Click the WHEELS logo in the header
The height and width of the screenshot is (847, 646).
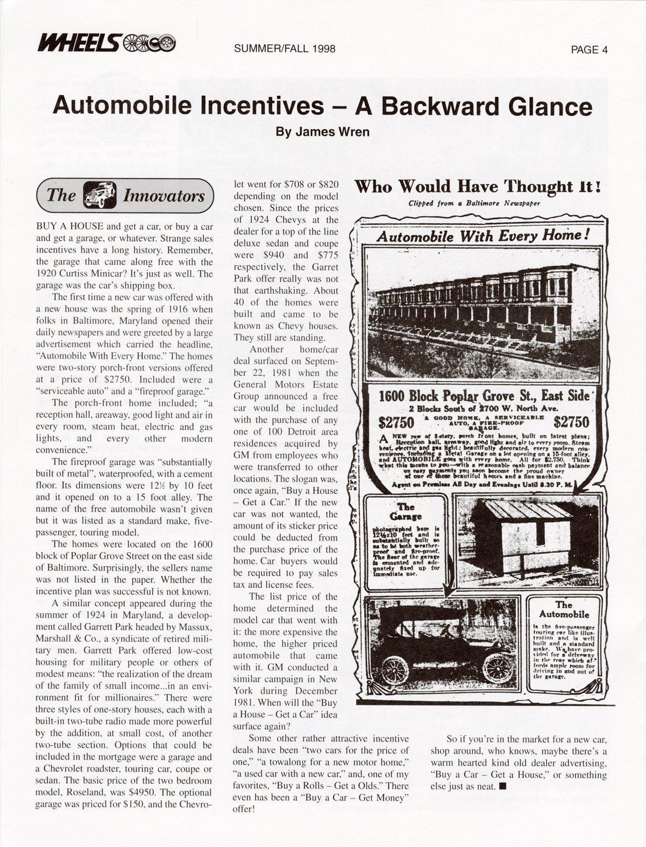pyautogui.click(x=106, y=43)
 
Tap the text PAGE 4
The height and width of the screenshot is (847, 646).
pyautogui.click(x=589, y=49)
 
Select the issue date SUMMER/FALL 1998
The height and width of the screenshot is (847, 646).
pyautogui.click(x=284, y=49)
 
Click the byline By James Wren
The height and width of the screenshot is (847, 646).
pyautogui.click(x=322, y=132)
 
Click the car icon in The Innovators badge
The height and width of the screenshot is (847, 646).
pyautogui.click(x=99, y=196)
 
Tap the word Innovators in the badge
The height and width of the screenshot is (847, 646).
pyautogui.click(x=164, y=196)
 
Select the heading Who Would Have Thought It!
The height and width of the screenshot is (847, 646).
pyautogui.click(x=478, y=186)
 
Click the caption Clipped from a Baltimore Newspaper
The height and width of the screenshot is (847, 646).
pyautogui.click(x=474, y=203)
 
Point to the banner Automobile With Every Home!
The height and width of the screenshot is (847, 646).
pyautogui.click(x=482, y=236)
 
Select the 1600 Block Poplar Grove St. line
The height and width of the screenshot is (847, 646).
pyautogui.click(x=483, y=396)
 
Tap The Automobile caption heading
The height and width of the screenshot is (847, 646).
pyautogui.click(x=564, y=609)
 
